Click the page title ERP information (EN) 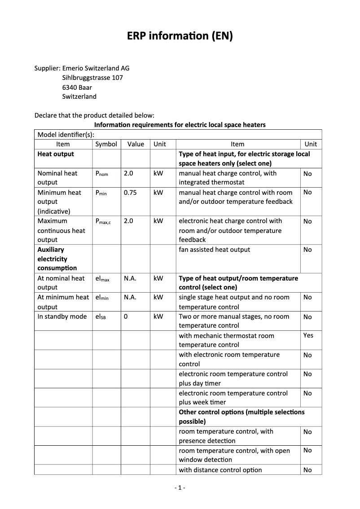click(x=180, y=36)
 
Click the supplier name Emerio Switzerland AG click(x=96, y=68)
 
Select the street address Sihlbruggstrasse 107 click(x=92, y=78)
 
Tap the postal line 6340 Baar click(x=77, y=87)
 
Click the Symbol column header click(x=106, y=144)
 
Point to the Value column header click(x=136, y=144)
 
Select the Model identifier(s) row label click(x=66, y=135)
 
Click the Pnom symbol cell click(x=102, y=174)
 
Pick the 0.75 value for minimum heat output click(x=130, y=193)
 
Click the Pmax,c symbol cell click(x=103, y=221)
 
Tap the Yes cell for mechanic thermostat click(x=308, y=335)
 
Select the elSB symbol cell click(x=101, y=317)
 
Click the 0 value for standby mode click(x=126, y=316)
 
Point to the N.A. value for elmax click(x=130, y=278)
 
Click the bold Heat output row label click(x=56, y=154)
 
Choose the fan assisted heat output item click(x=215, y=250)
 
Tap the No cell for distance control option click(x=307, y=470)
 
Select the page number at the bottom click(x=180, y=487)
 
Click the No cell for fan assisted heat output click(x=307, y=250)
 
